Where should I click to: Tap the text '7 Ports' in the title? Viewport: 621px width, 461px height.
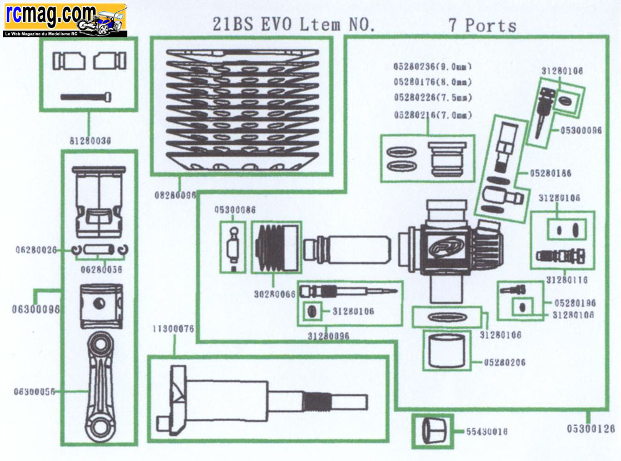click(482, 25)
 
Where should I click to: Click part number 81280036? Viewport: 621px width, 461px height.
click(88, 140)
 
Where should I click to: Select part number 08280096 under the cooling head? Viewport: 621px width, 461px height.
click(175, 194)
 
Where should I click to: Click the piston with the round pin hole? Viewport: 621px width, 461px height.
click(99, 304)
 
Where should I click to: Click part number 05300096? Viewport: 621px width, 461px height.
click(581, 130)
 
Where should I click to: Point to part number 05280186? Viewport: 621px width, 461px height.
click(551, 173)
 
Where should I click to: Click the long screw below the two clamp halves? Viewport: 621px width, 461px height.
click(86, 96)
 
